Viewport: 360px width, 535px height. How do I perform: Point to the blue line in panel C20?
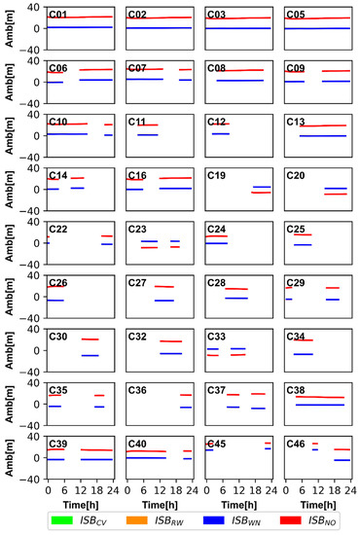335,188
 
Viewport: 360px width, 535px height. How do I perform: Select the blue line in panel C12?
221,132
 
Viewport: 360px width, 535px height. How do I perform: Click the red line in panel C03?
240,18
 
